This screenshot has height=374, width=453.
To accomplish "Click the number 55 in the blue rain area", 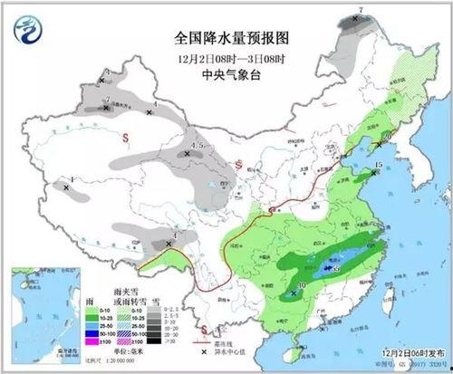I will coord(335,269).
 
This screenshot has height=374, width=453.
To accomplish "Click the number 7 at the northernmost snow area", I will coord(361,11).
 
